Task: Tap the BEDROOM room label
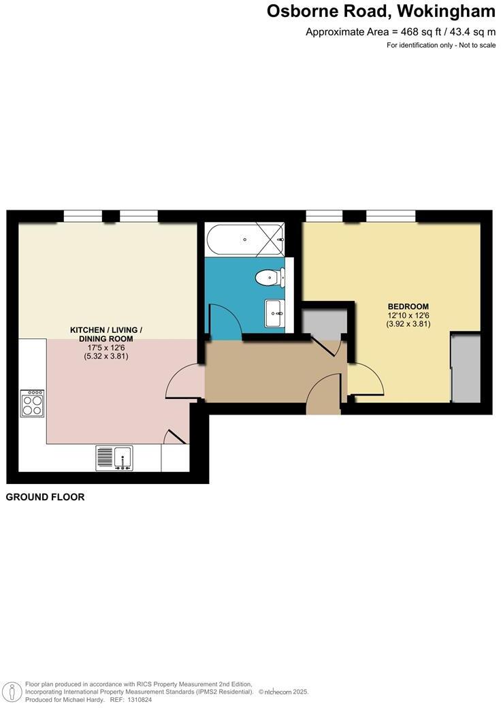click(x=408, y=306)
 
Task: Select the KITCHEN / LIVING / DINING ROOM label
click(x=106, y=334)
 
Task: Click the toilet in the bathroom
click(x=268, y=276)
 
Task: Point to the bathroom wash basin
click(x=276, y=314)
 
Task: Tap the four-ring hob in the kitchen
click(x=32, y=404)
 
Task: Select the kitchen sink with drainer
click(x=114, y=457)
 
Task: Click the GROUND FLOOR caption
click(x=45, y=498)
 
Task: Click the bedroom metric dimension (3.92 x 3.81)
click(x=408, y=324)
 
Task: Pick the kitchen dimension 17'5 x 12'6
click(x=106, y=347)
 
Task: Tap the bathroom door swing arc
click(x=224, y=320)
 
